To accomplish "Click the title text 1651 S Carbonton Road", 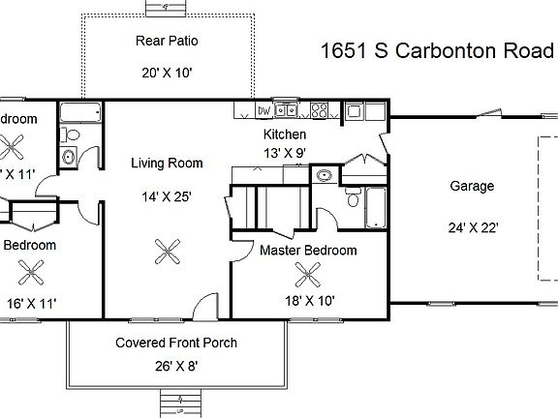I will [x=438, y=51].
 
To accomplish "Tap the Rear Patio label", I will [x=168, y=40].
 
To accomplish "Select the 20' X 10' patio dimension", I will [x=168, y=72].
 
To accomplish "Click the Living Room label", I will [x=167, y=164].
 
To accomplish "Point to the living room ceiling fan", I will [x=168, y=253].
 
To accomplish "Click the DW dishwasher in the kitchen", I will [x=264, y=111].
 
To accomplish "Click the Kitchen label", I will [x=285, y=134].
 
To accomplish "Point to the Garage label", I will [x=472, y=186].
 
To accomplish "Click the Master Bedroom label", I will [x=308, y=251].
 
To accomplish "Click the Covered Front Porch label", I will [x=175, y=343].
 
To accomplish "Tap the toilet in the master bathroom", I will [x=352, y=199].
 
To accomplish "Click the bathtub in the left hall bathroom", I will [x=75, y=114].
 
